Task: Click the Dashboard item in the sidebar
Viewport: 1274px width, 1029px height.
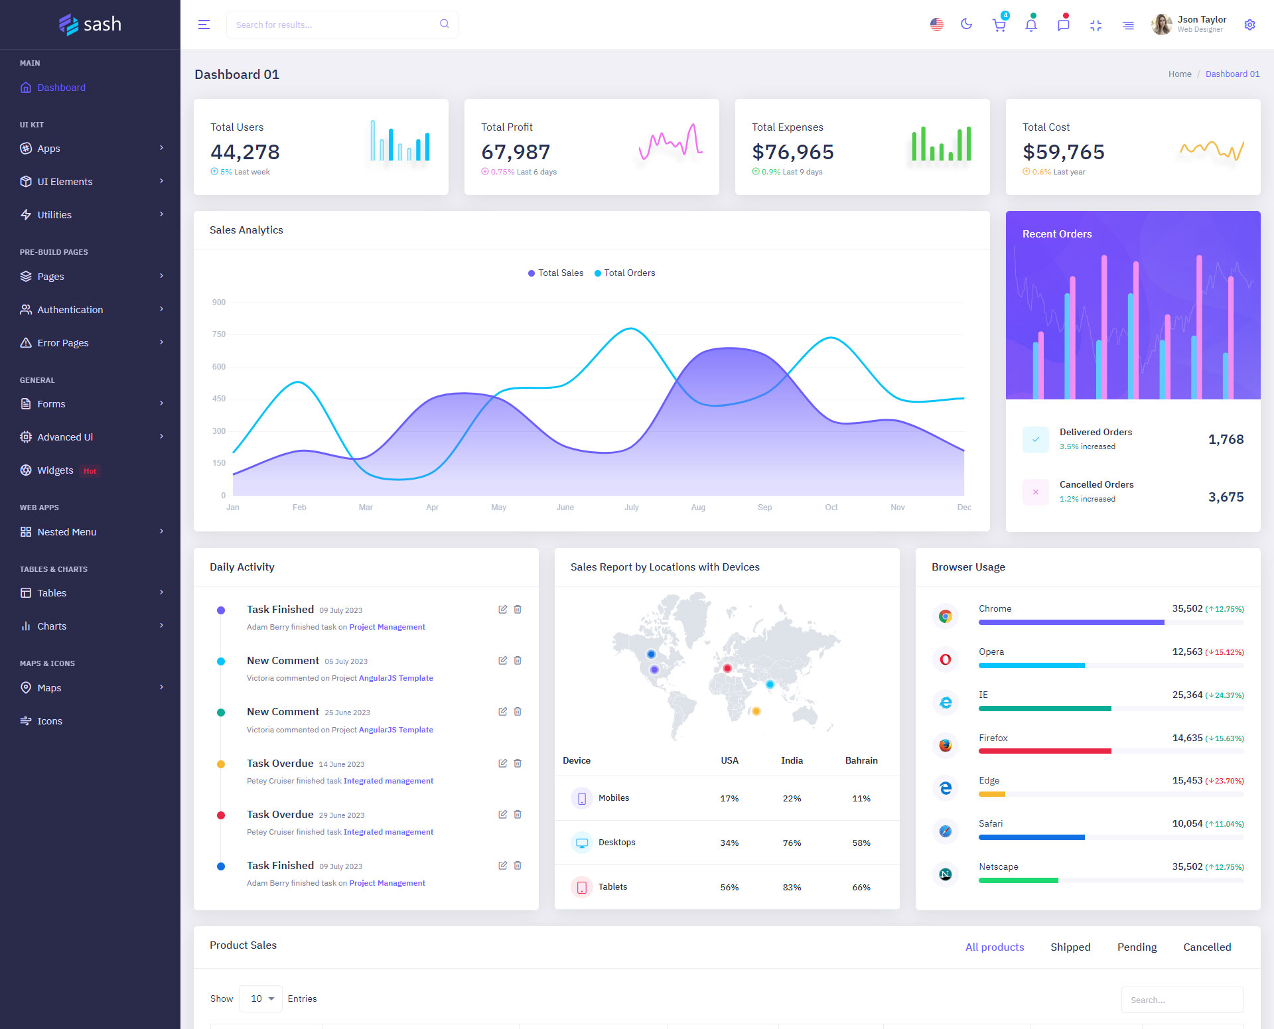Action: click(61, 88)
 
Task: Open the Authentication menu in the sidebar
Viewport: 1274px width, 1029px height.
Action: click(70, 310)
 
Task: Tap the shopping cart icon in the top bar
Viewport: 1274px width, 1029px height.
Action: click(999, 25)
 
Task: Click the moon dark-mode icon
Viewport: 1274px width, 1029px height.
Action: click(967, 25)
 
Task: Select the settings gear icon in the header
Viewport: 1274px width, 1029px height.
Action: click(1249, 25)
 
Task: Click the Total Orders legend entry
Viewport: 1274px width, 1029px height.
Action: click(628, 273)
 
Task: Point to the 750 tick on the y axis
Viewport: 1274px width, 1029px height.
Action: click(219, 334)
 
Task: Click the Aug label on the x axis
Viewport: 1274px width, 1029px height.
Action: click(698, 508)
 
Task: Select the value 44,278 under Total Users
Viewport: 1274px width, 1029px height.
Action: click(245, 152)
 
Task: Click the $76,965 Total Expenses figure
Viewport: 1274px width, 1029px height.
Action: click(792, 152)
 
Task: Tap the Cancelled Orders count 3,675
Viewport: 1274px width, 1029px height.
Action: click(1226, 497)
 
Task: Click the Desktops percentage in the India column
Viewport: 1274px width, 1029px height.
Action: click(792, 843)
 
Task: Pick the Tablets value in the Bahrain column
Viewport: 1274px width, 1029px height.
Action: click(861, 888)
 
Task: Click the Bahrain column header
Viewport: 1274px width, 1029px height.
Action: click(861, 761)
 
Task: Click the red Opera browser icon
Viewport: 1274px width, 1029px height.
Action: click(946, 659)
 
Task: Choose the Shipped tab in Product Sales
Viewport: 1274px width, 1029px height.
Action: click(1070, 947)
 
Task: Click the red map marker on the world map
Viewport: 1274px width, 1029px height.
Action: click(727, 668)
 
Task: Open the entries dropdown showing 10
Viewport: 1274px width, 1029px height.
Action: click(261, 999)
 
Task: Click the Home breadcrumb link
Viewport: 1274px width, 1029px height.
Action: click(1179, 74)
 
